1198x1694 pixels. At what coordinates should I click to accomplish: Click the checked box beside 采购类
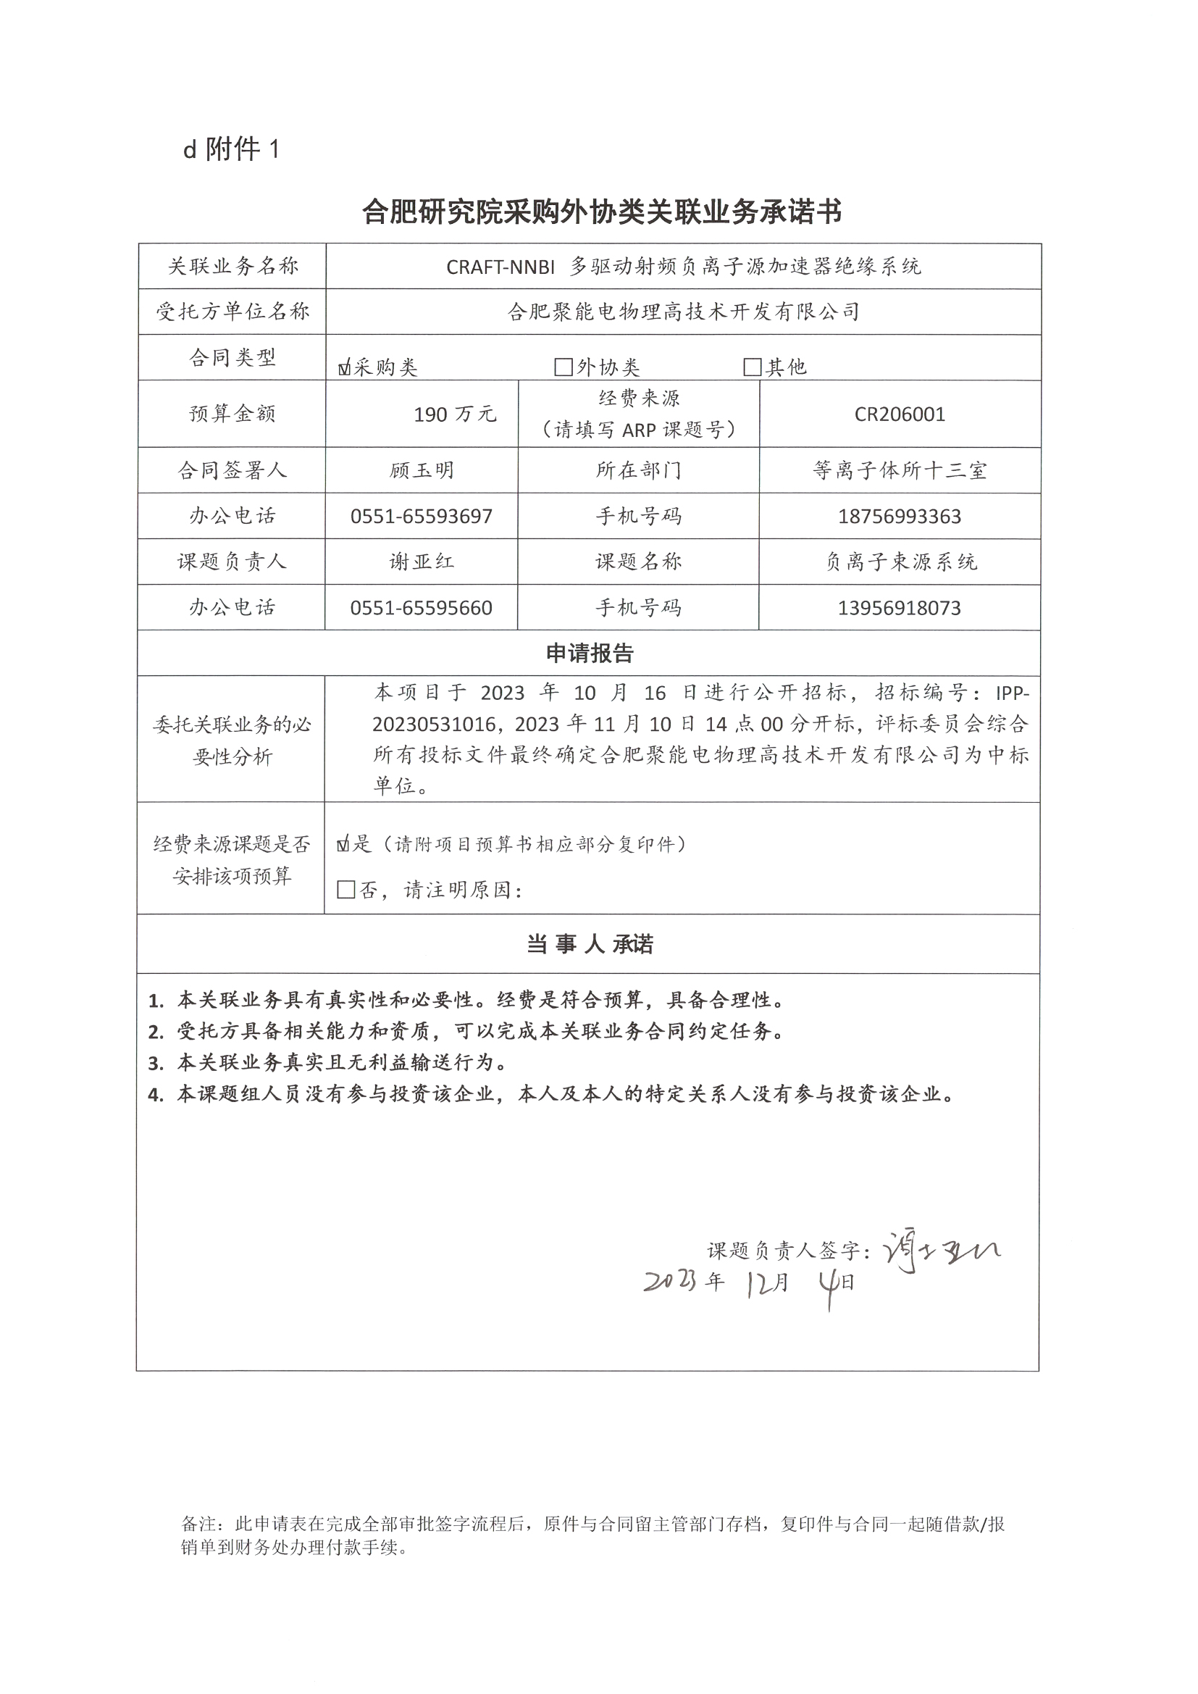pyautogui.click(x=345, y=367)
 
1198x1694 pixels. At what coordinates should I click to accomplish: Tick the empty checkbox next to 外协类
pyautogui.click(x=563, y=367)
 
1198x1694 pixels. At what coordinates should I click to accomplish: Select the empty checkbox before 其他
pyautogui.click(x=752, y=367)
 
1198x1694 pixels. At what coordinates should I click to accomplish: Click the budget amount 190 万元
pyautogui.click(x=454, y=414)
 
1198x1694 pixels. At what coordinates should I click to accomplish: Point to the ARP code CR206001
pyautogui.click(x=900, y=414)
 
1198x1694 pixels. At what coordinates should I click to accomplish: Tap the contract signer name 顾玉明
pyautogui.click(x=422, y=471)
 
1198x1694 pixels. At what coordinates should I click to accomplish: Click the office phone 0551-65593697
pyautogui.click(x=422, y=517)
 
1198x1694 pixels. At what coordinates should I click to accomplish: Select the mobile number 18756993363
pyautogui.click(x=900, y=517)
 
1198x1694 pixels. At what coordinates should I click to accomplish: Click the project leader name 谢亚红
pyautogui.click(x=422, y=562)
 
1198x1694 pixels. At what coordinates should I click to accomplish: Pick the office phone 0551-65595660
pyautogui.click(x=422, y=608)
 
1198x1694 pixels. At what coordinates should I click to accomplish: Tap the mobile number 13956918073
pyautogui.click(x=900, y=608)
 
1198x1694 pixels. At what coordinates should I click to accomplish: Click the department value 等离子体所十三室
pyautogui.click(x=900, y=471)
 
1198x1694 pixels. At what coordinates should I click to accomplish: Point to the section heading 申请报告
pyautogui.click(x=590, y=653)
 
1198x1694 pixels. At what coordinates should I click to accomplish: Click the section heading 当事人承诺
pyautogui.click(x=590, y=944)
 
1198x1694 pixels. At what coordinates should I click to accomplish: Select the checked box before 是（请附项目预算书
pyautogui.click(x=343, y=845)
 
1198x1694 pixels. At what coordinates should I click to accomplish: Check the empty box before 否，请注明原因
pyautogui.click(x=345, y=890)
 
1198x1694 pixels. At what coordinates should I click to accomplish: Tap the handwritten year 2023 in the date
pyautogui.click(x=670, y=1282)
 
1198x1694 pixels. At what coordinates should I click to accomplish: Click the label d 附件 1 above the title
pyautogui.click(x=232, y=150)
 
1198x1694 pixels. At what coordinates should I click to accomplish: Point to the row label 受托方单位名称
pyautogui.click(x=233, y=312)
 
